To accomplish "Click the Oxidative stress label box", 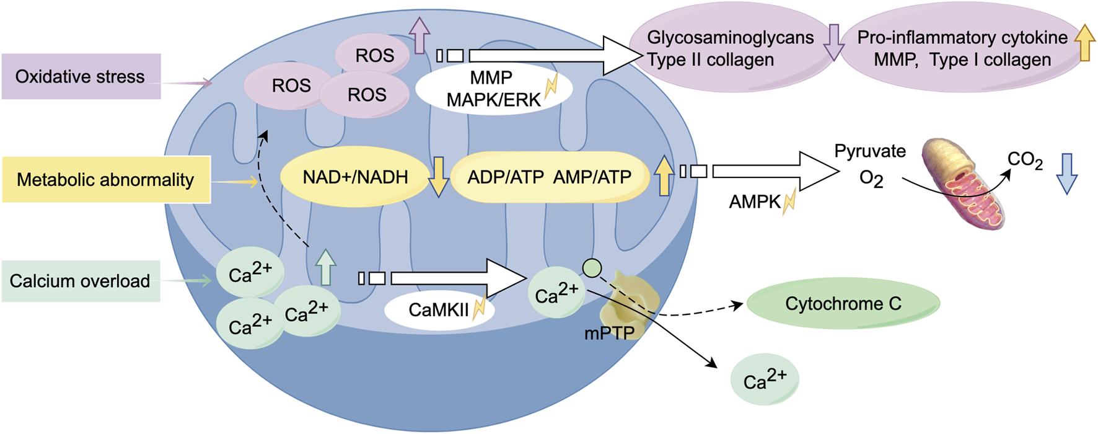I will point(81,76).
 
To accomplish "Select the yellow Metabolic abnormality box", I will point(105,180).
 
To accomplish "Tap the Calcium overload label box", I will point(81,281).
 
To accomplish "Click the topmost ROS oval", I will point(374,55).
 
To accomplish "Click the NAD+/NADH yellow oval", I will point(354,177).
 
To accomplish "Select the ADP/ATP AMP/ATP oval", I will point(549,177).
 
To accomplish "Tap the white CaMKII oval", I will point(439,309).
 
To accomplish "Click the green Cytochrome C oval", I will point(843,303).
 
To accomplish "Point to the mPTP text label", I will point(609,333).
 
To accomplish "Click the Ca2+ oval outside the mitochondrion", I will point(764,379).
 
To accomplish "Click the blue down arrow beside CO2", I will point(1066,174).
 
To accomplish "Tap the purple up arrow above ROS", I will point(419,35).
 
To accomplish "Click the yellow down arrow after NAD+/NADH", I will point(438,177).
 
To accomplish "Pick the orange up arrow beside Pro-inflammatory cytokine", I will point(1084,42).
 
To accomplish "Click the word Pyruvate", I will point(869,151).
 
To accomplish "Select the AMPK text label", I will point(755,201).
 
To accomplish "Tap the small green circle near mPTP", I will point(592,268).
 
